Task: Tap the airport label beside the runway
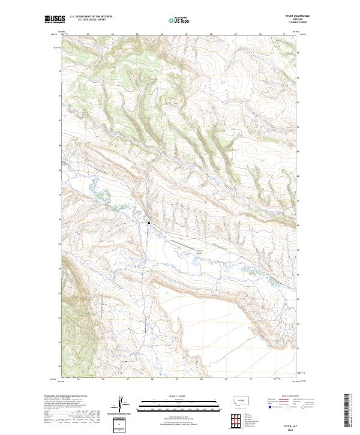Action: point(199,250)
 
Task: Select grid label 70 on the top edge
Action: point(260,35)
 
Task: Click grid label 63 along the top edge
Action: point(88,35)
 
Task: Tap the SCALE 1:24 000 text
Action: point(179,396)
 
